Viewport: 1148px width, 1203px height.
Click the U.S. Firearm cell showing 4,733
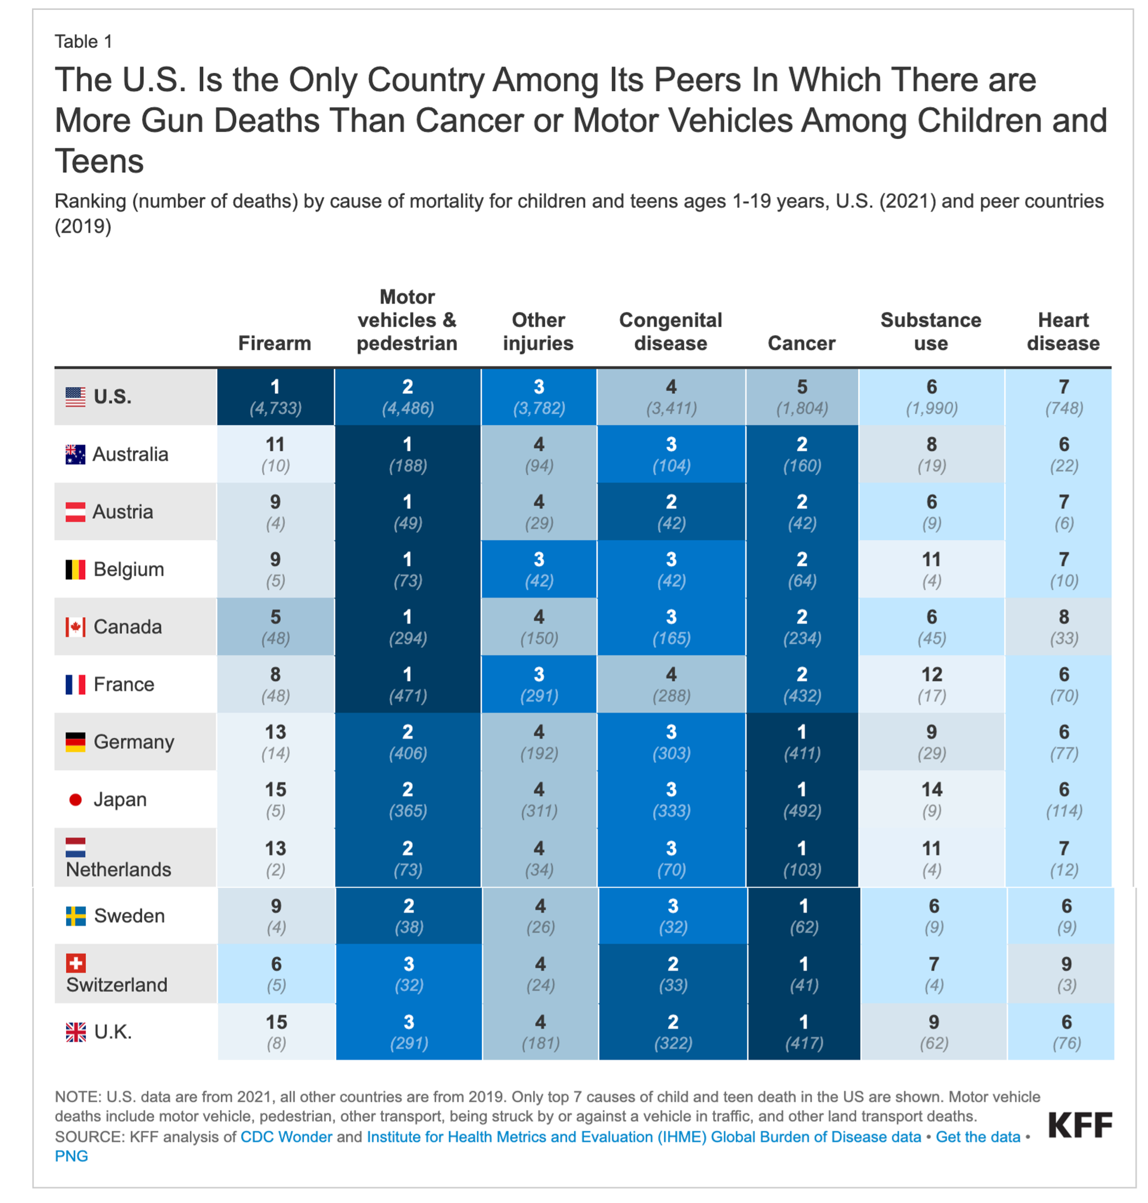(x=275, y=397)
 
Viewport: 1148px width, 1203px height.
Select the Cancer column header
(x=801, y=343)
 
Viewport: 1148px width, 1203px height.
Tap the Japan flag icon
(x=75, y=800)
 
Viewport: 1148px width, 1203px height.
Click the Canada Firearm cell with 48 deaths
(x=275, y=627)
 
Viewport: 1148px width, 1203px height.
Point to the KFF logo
(x=1079, y=1125)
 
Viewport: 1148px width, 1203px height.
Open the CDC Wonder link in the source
(x=286, y=1137)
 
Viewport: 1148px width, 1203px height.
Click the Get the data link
(x=977, y=1137)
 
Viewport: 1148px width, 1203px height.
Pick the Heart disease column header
(x=1063, y=332)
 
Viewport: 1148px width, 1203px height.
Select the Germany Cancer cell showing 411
(x=802, y=742)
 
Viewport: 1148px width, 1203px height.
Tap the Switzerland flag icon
(x=76, y=963)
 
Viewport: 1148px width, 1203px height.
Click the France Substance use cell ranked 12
(x=932, y=684)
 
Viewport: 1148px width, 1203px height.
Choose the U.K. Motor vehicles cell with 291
(x=409, y=1032)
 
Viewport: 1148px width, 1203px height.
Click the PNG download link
(x=72, y=1156)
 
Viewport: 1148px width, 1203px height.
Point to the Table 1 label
(x=83, y=41)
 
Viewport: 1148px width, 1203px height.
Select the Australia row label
(x=129, y=454)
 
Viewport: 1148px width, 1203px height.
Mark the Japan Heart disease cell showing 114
(x=1064, y=800)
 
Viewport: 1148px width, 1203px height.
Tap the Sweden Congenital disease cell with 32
(x=673, y=915)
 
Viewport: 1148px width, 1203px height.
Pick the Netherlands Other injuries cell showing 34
(x=538, y=858)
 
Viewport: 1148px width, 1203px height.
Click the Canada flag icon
(x=75, y=627)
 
